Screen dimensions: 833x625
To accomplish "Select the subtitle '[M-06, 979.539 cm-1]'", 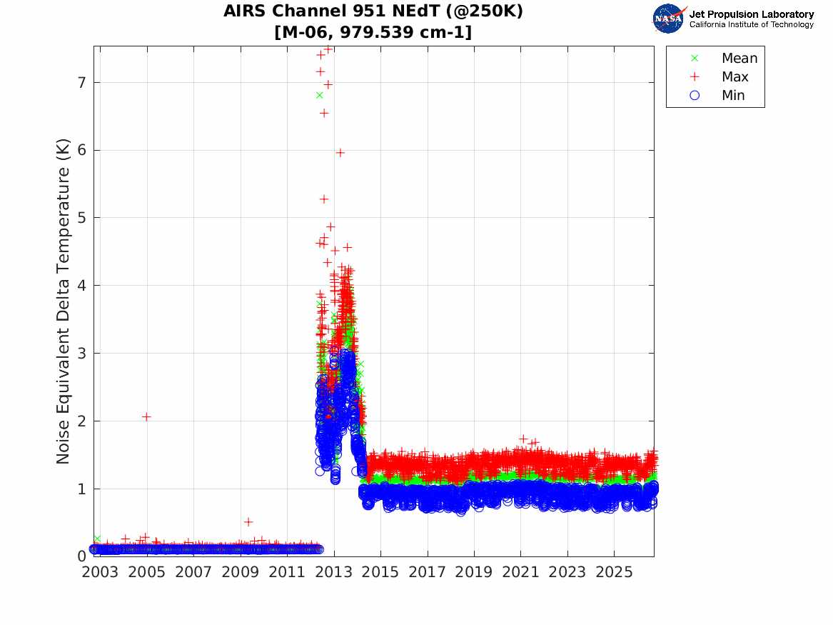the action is (373, 32).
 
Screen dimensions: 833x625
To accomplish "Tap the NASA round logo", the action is (669, 19).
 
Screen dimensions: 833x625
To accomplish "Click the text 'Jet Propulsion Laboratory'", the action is (751, 14).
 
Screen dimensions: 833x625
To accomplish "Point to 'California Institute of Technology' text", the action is (751, 24).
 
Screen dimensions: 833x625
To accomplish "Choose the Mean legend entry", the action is (726, 58).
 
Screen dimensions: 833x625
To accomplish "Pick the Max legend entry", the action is (722, 76).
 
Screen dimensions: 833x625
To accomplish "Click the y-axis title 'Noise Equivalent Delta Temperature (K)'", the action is (64, 301).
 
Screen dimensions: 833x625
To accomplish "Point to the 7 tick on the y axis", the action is (81, 83).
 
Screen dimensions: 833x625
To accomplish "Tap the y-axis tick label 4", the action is (81, 286).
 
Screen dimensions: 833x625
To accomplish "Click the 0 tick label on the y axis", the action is (81, 556).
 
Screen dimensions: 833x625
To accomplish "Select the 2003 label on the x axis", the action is (100, 572).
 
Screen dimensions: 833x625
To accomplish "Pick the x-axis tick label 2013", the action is (333, 572).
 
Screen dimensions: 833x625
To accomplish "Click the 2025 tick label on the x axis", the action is (614, 572).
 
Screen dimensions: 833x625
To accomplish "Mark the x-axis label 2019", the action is (474, 572).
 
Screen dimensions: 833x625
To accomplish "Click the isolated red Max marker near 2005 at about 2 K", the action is (146, 416).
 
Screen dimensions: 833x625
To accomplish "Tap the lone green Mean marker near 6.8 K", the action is (319, 95).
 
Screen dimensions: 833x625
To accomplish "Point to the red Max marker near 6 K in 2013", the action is (340, 153).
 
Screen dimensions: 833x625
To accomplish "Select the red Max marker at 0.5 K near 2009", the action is (248, 522).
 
